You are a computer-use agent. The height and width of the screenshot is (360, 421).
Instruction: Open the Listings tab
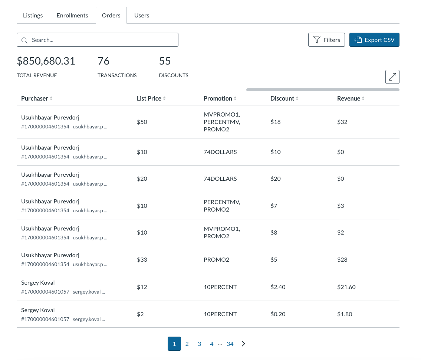click(x=33, y=16)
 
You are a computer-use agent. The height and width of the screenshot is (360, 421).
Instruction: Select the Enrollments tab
click(x=72, y=16)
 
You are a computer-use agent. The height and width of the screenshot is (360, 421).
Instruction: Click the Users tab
click(x=142, y=16)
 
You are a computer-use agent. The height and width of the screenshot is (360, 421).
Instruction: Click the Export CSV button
click(x=374, y=40)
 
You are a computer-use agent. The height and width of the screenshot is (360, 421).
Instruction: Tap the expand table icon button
click(x=392, y=77)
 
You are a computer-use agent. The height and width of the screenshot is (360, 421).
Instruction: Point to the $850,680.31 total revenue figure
click(x=46, y=61)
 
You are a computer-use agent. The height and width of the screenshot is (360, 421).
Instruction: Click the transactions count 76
click(x=103, y=61)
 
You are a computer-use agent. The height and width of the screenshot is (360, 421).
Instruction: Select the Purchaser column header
click(x=35, y=98)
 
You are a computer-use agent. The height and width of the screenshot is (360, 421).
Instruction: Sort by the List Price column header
click(x=149, y=98)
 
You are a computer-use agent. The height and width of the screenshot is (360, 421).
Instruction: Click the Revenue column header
click(x=349, y=98)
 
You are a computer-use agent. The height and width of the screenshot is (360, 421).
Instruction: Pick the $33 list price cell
click(x=142, y=259)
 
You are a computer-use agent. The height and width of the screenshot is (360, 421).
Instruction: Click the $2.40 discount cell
click(x=278, y=287)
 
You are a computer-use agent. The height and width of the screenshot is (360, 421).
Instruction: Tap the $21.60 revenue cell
click(x=346, y=287)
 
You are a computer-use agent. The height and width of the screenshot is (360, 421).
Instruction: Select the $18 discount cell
click(x=276, y=122)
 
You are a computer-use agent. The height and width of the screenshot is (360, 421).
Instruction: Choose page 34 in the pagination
click(x=230, y=344)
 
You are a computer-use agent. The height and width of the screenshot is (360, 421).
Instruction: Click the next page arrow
click(x=243, y=344)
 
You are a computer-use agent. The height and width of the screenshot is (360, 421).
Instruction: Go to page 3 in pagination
click(x=199, y=344)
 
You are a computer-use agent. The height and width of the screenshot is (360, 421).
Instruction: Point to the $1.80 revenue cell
click(x=345, y=314)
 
